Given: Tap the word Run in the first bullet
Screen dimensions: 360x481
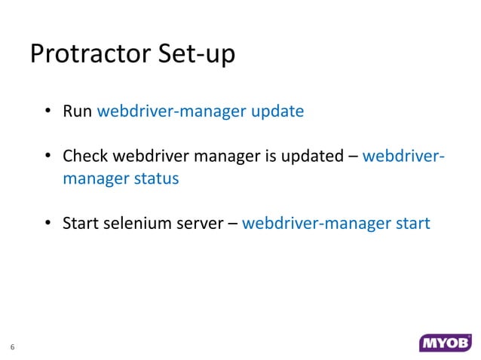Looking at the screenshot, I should tap(77, 112).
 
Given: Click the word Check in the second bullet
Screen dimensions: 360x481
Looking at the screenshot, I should tap(84, 157).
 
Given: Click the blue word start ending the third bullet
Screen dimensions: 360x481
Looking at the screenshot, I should tap(412, 224).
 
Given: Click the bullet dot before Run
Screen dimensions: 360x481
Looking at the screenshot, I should tap(47, 113).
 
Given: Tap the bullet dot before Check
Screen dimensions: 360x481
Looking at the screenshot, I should tap(47, 157).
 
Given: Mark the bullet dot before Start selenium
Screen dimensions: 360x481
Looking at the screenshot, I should tap(47, 224).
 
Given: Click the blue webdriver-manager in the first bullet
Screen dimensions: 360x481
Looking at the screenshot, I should tap(171, 112).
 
